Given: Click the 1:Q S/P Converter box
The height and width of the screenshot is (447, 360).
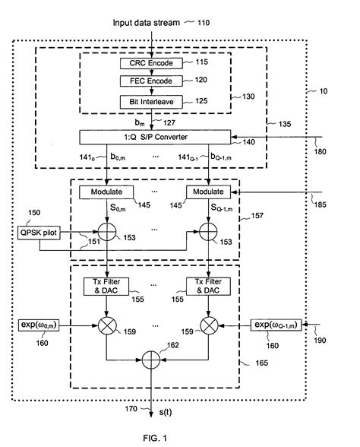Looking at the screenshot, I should tap(165, 137).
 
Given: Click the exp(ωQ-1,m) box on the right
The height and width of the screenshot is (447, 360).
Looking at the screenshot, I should tap(276, 326).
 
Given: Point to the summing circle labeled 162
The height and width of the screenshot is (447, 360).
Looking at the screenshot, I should tap(156, 355).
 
